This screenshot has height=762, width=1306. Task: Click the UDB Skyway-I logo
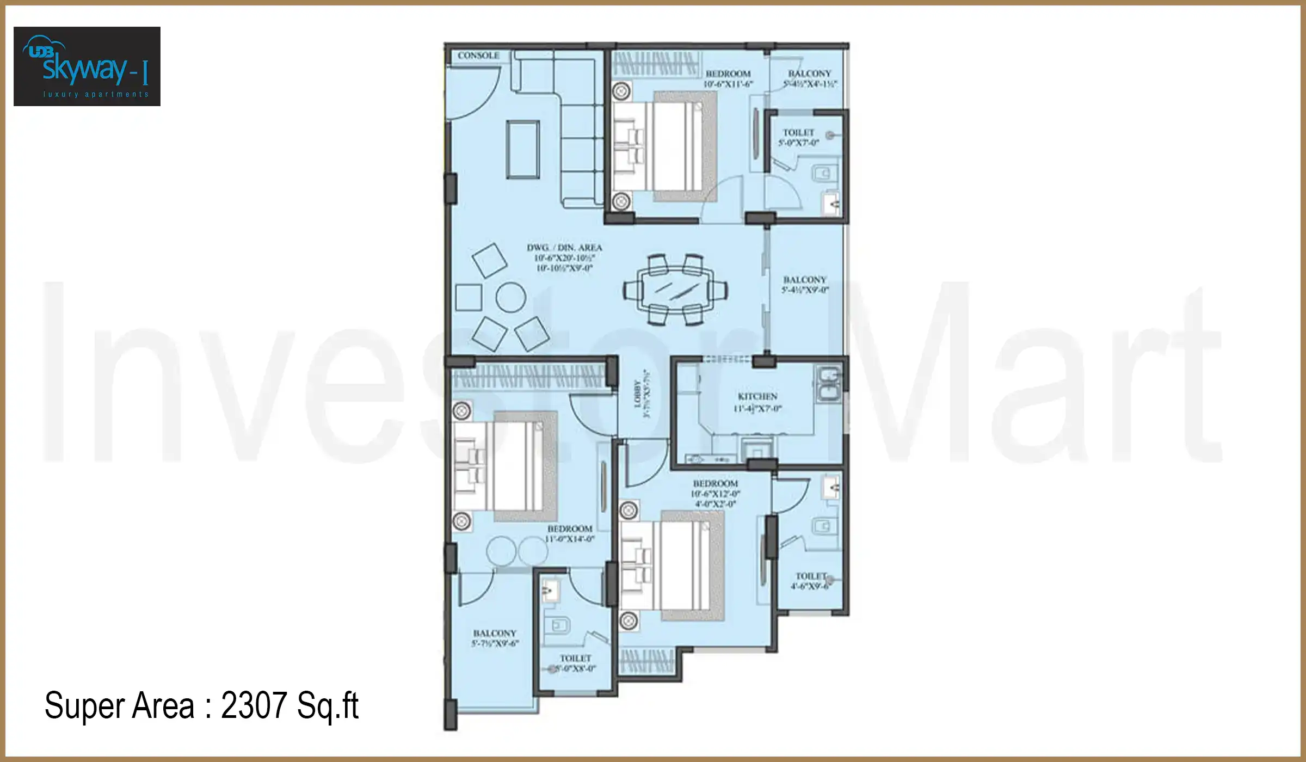coord(87,66)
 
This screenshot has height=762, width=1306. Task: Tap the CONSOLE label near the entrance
coord(478,56)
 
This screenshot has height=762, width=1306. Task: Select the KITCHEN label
coord(757,396)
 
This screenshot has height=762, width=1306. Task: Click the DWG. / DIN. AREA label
coord(564,248)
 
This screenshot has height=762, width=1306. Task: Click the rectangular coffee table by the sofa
coord(523,150)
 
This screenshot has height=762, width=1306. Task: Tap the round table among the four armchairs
coord(510,297)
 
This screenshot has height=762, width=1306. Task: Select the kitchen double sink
coord(829,384)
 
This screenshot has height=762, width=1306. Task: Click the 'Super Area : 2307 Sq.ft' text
coord(201,706)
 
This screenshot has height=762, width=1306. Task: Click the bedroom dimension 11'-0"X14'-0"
coord(570,539)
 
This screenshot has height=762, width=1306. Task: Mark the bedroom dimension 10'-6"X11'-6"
coord(728,84)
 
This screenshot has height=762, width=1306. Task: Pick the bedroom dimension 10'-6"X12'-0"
coord(716,494)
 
